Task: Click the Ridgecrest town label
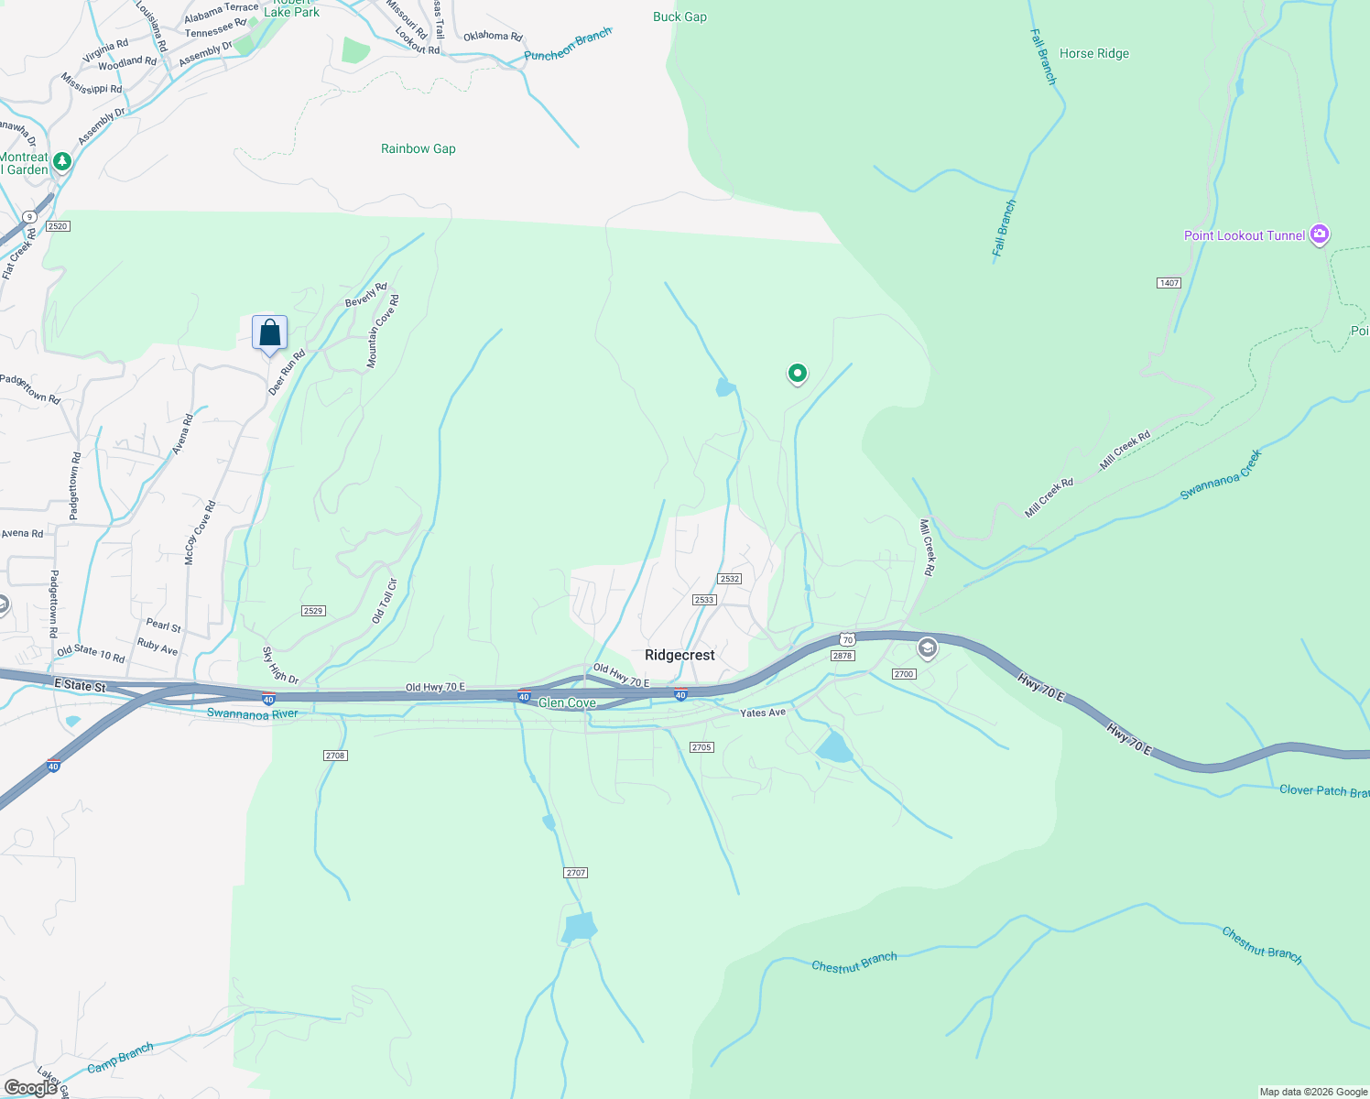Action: point(680,655)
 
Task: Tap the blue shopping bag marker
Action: point(269,332)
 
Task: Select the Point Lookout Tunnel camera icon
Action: point(1320,234)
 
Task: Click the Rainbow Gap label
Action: point(418,148)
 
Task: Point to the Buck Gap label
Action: point(680,16)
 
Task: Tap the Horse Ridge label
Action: point(1093,53)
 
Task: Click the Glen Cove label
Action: point(567,702)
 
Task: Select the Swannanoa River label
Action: point(252,713)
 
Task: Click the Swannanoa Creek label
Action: point(1220,474)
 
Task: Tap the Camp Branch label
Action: point(120,1059)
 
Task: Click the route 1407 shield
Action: point(1169,283)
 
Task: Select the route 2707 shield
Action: point(575,873)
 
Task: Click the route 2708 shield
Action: point(335,756)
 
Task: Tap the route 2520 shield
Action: point(57,226)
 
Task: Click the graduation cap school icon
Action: point(927,648)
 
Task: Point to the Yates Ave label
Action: point(763,713)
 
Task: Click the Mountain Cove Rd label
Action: point(383,332)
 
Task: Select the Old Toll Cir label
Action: point(385,601)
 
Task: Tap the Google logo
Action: point(31,1088)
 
